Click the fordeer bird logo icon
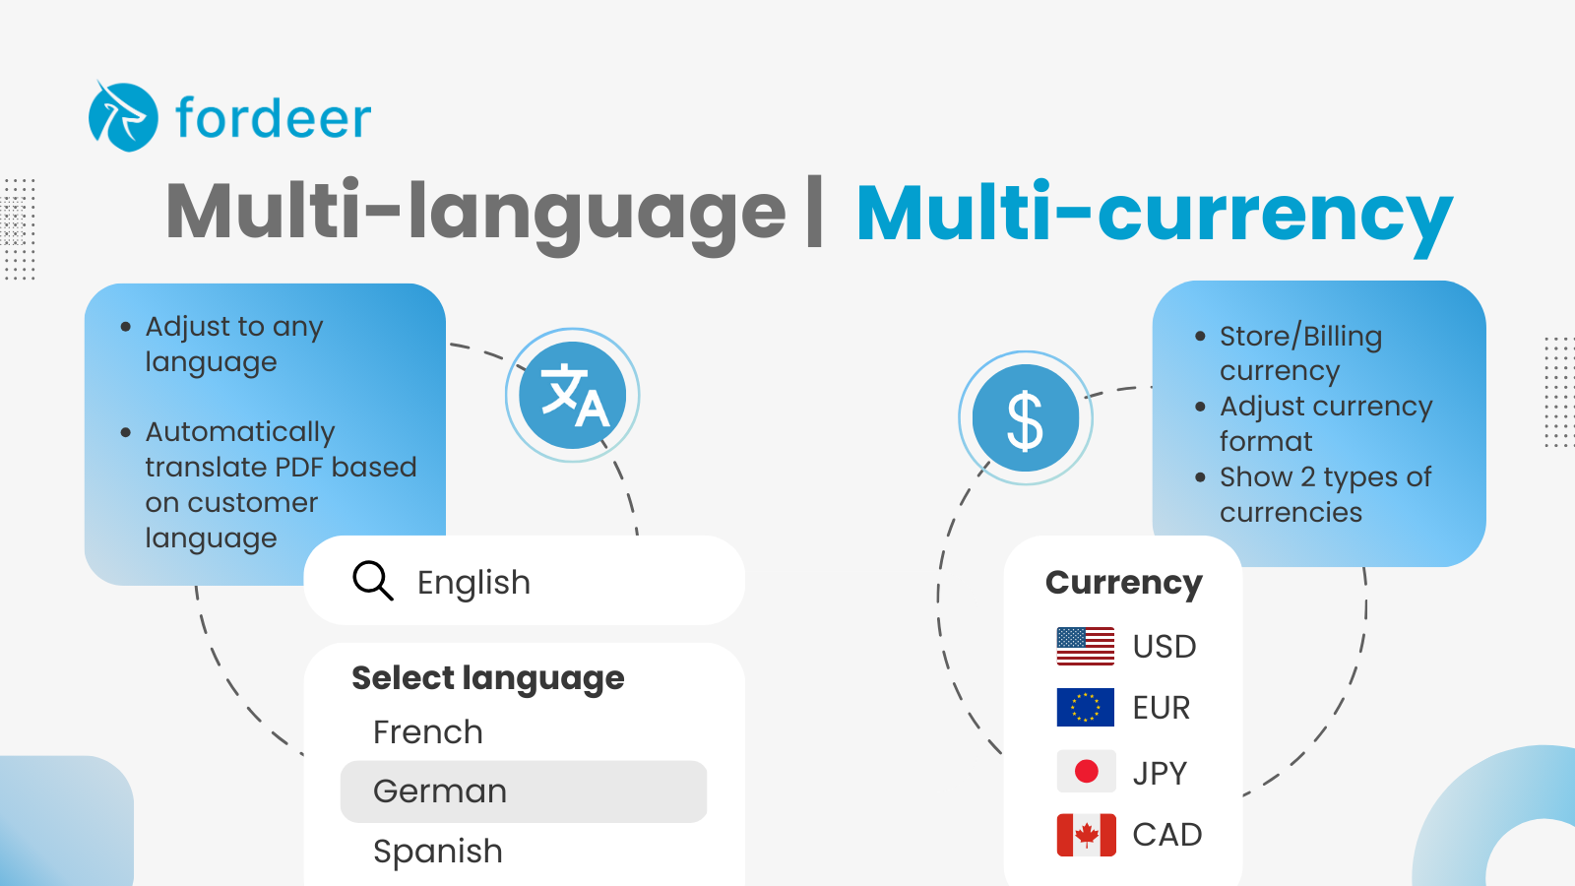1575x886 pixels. click(x=123, y=117)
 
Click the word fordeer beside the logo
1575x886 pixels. click(x=273, y=119)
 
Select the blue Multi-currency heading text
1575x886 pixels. click(x=1154, y=214)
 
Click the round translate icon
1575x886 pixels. click(x=573, y=396)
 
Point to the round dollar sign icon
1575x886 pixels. click(x=1026, y=418)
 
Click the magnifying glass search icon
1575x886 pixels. click(x=372, y=581)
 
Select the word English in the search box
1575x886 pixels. click(x=473, y=583)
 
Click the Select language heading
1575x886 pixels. click(x=488, y=678)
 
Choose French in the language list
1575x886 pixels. click(x=428, y=732)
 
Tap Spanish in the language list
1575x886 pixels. click(x=438, y=852)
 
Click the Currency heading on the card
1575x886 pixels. click(x=1124, y=583)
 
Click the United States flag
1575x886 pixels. click(x=1085, y=647)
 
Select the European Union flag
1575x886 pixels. click(x=1085, y=707)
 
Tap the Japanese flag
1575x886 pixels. click(x=1086, y=772)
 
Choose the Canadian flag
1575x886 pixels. click(x=1086, y=835)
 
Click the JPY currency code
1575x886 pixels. click(x=1160, y=774)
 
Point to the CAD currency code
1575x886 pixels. click(x=1167, y=835)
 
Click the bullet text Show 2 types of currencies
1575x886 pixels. click(x=1325, y=494)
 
